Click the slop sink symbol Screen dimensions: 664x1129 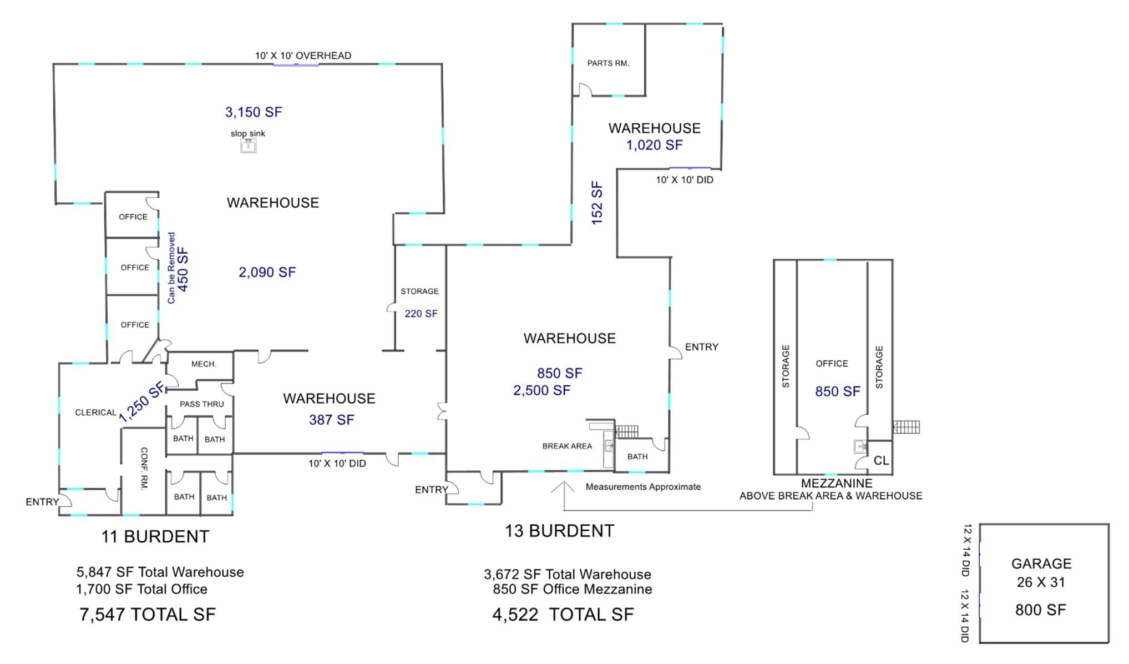(x=248, y=145)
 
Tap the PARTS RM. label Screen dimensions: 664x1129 (x=608, y=63)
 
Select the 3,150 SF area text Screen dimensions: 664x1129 (x=254, y=112)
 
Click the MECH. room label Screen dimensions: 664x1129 (x=204, y=364)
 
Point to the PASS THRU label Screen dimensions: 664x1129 (x=201, y=404)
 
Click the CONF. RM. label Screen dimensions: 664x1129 (x=144, y=469)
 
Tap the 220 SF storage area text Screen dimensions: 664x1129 (x=421, y=314)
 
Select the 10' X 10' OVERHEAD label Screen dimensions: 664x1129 (x=303, y=56)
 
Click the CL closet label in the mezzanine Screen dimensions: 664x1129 (x=881, y=460)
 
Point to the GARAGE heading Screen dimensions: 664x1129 (x=1041, y=564)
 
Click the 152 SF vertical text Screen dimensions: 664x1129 (x=597, y=203)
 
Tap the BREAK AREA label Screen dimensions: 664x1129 (x=567, y=446)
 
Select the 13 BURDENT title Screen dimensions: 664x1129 (x=559, y=531)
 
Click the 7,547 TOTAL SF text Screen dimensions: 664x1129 (x=148, y=615)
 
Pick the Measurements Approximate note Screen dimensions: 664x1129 (x=643, y=487)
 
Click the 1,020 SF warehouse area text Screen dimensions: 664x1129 (x=655, y=145)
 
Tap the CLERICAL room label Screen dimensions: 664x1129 (x=95, y=413)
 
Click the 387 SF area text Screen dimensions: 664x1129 (x=331, y=420)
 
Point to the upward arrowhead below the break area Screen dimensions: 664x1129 (x=564, y=487)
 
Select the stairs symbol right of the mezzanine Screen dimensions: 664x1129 (x=906, y=427)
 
